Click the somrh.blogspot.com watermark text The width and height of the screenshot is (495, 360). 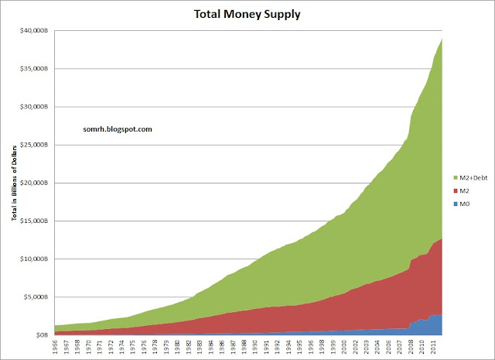(x=116, y=129)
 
